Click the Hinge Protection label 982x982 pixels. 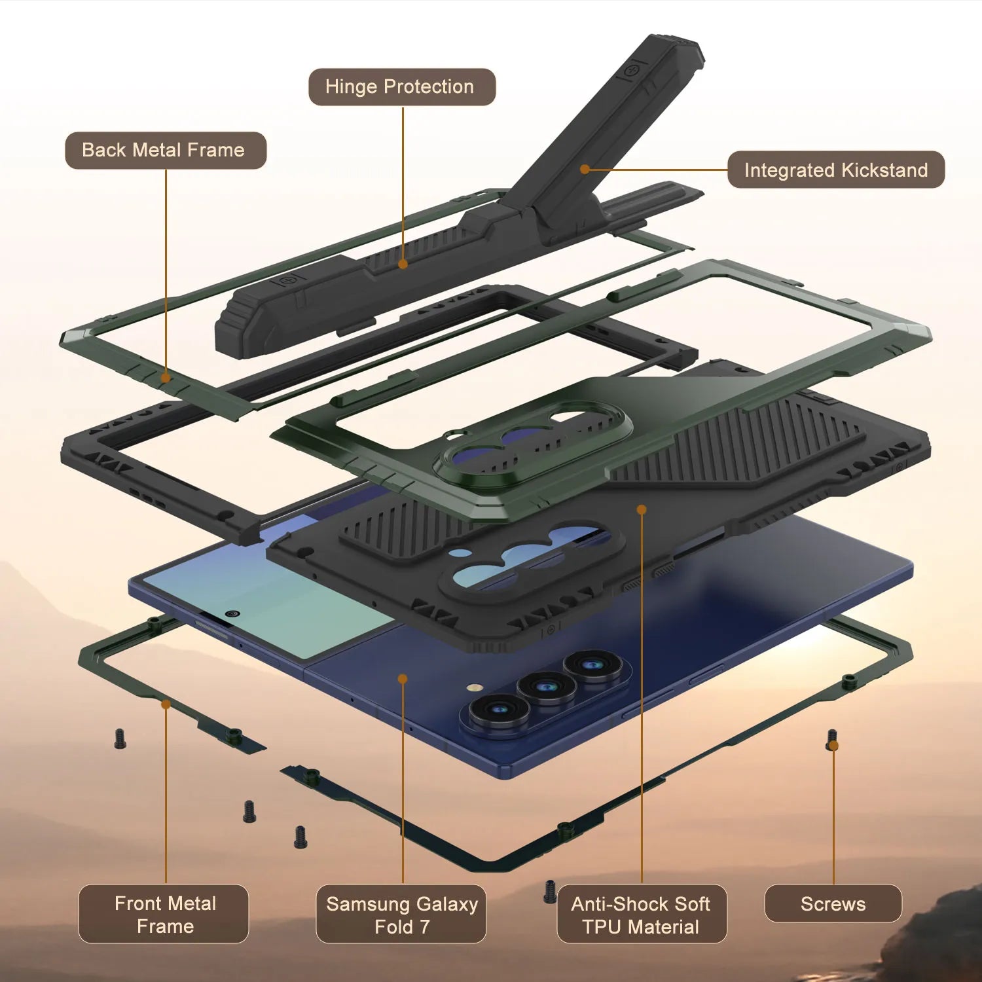pos(401,87)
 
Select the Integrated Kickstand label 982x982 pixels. pos(835,170)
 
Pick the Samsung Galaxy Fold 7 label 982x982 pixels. pos(401,914)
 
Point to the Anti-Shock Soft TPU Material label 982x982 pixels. pos(642,914)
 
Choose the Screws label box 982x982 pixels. pos(833,904)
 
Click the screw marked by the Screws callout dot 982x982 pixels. pos(832,740)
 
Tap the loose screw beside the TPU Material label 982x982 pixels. pos(550,892)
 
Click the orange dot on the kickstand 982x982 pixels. pos(585,169)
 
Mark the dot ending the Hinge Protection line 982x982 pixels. pos(403,264)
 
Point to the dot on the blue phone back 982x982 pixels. pos(403,679)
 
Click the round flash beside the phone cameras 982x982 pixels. pos(475,688)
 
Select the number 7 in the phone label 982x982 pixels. pos(425,926)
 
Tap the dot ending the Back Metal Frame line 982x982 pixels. pos(166,378)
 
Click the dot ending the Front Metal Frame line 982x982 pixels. pos(166,704)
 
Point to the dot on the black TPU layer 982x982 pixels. pos(642,509)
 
